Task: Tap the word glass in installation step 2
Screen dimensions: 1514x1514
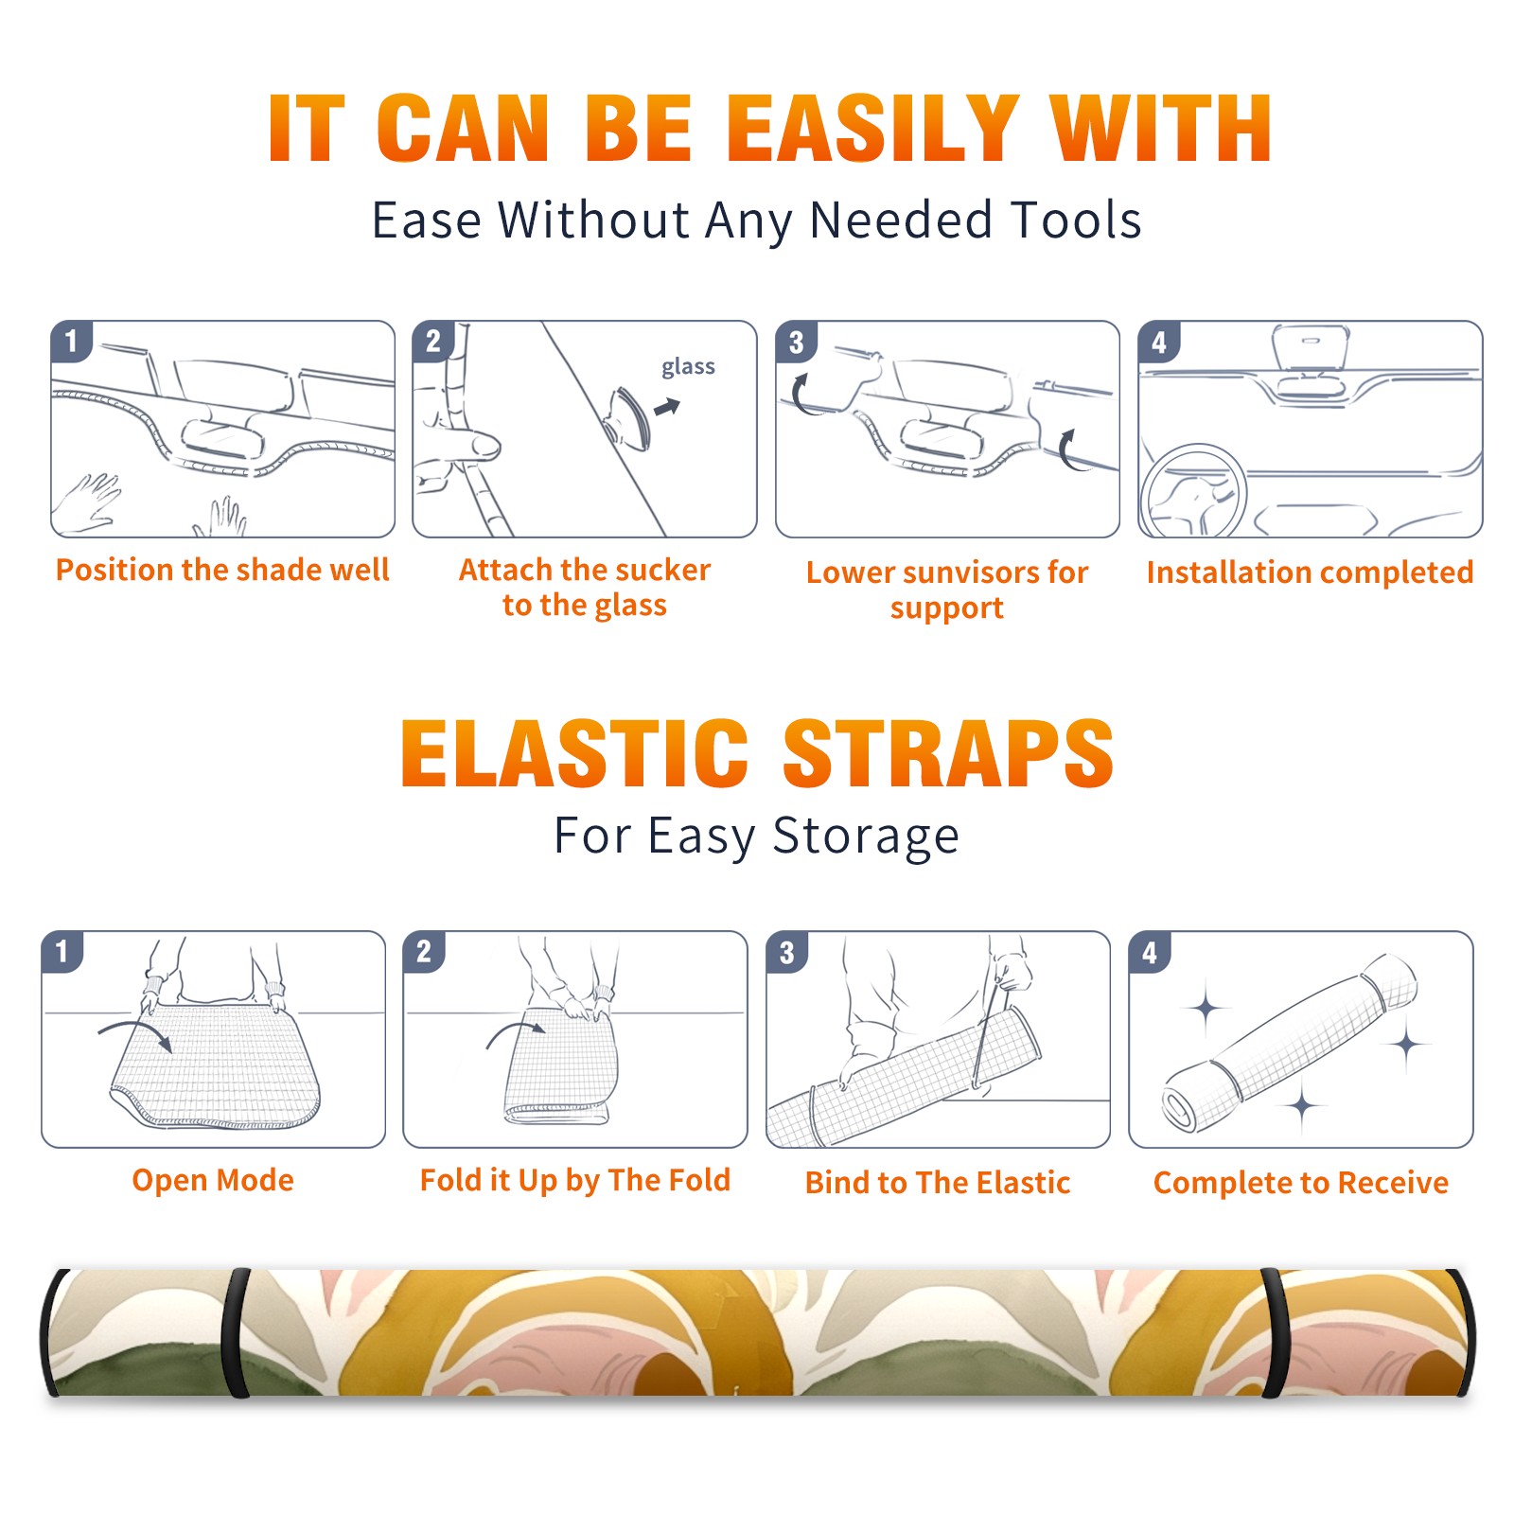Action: pos(688,367)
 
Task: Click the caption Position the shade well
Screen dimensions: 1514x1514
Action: pos(222,570)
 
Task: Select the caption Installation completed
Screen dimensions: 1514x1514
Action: pos(1310,572)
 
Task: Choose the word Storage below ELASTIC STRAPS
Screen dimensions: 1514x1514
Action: pos(866,836)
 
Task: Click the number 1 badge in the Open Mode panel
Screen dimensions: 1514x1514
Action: pos(62,951)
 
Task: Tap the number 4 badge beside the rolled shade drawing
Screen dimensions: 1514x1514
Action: pos(1150,952)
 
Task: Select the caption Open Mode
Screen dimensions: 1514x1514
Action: pos(213,1180)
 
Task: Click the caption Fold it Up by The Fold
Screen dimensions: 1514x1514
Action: pos(574,1180)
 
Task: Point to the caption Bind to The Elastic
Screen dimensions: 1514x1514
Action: pos(937,1183)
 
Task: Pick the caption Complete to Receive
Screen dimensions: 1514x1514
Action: pos(1301,1183)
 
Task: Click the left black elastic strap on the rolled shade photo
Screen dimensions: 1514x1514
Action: pos(236,1332)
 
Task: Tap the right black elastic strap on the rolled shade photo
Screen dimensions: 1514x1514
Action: pos(1273,1332)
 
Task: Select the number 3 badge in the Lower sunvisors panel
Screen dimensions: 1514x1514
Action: pos(796,342)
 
